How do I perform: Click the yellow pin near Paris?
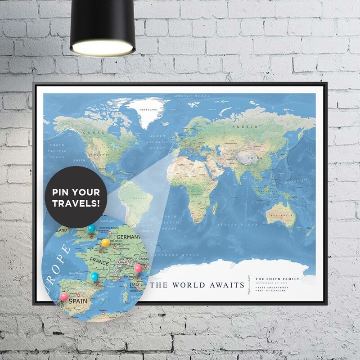pos(105,243)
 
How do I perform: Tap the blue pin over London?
pos(91,229)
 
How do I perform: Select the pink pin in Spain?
pos(64,296)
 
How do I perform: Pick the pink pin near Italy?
pos(138,268)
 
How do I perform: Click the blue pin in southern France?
pos(94,276)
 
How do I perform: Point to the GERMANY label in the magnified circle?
pos(128,237)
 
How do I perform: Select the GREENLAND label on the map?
pos(148,109)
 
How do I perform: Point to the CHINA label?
pos(254,159)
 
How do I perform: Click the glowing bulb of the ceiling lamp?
pos(103,48)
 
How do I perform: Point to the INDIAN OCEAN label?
pos(230,224)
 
